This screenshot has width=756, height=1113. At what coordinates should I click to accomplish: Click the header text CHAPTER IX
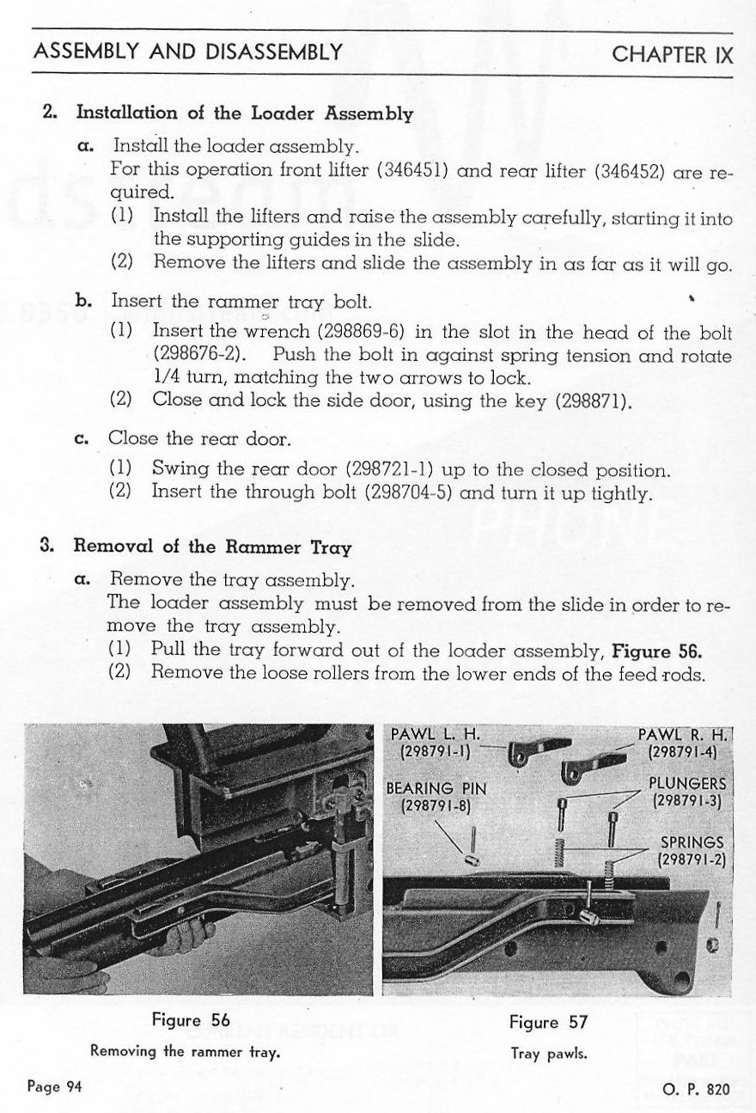[673, 54]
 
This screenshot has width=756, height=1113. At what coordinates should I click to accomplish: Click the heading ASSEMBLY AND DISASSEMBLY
[188, 52]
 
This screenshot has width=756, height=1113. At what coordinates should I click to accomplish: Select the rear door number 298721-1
[387, 470]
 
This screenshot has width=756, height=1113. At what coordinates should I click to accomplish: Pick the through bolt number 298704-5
[410, 492]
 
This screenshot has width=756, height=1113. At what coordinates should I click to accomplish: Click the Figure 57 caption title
[547, 1022]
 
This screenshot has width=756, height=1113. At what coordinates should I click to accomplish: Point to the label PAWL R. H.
[683, 735]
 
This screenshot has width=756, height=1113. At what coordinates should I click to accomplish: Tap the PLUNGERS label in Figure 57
[688, 784]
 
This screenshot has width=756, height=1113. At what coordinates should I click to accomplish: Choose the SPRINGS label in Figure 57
[691, 842]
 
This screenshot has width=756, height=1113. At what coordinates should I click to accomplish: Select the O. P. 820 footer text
[696, 1088]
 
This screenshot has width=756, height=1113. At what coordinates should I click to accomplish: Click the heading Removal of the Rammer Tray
[212, 547]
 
